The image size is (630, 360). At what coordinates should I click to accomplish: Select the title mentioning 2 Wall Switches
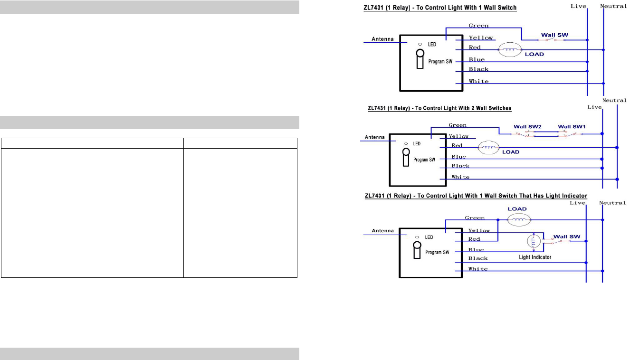tap(439, 108)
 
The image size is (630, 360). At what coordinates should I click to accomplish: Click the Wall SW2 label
tap(528, 127)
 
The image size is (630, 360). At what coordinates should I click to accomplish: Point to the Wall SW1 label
tap(571, 127)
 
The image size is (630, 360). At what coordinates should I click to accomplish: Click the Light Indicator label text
tap(535, 257)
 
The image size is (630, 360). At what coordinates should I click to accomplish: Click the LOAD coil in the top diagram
tap(511, 49)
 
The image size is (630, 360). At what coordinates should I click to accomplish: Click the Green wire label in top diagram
tap(478, 26)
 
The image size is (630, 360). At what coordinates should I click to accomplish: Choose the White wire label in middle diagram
tap(460, 177)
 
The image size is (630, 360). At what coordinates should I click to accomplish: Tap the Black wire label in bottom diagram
tap(478, 258)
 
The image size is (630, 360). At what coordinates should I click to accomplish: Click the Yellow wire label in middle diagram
tap(459, 136)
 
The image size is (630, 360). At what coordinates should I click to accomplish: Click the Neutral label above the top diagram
tap(614, 6)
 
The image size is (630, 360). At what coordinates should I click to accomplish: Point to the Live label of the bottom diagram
tap(577, 203)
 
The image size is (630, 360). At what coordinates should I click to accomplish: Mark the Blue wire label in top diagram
tap(477, 59)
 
